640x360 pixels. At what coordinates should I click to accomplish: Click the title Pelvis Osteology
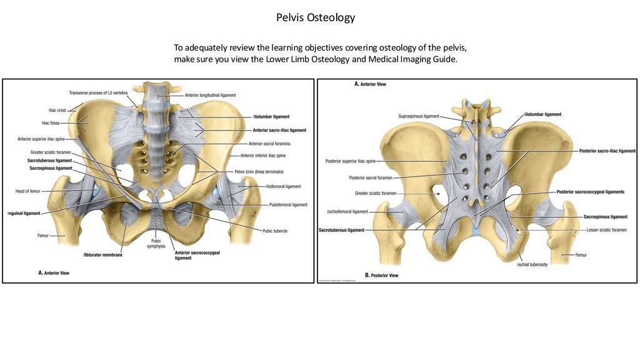click(315, 17)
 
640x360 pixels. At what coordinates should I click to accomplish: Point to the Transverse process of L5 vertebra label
click(98, 92)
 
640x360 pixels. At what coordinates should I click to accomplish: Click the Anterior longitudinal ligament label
click(211, 95)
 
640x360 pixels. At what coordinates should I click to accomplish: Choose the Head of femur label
click(28, 191)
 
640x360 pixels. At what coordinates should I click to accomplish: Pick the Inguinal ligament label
click(24, 213)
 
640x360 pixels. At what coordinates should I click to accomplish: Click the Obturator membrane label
click(102, 254)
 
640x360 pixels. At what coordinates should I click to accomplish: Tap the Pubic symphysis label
click(156, 243)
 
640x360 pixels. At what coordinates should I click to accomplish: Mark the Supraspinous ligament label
click(418, 116)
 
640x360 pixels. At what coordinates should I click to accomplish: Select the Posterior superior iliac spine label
click(350, 161)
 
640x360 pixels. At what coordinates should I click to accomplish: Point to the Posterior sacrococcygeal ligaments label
click(590, 192)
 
